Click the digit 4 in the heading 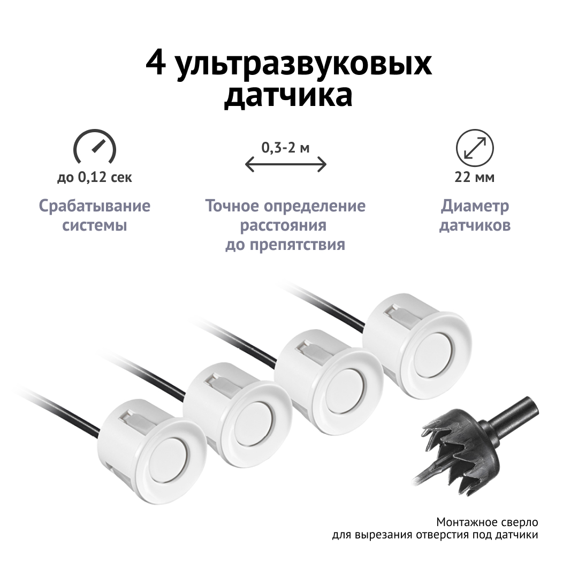pyautogui.click(x=155, y=64)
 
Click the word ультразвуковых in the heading pyautogui.click(x=304, y=66)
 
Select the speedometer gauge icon pyautogui.click(x=95, y=146)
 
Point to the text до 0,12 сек pyautogui.click(x=95, y=178)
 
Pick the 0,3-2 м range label pyautogui.click(x=286, y=148)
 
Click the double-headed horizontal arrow pyautogui.click(x=286, y=164)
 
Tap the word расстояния pyautogui.click(x=283, y=225)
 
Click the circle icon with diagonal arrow pyautogui.click(x=474, y=148)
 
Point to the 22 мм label pyautogui.click(x=474, y=178)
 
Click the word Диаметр pyautogui.click(x=475, y=206)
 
